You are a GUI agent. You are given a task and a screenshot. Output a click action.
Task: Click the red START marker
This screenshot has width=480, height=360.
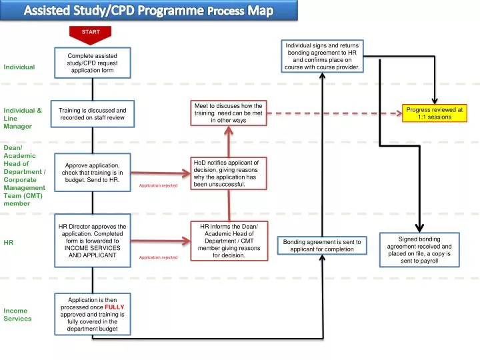[x=90, y=35]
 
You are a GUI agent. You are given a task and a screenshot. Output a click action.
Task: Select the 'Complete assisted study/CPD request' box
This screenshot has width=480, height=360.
[x=93, y=63]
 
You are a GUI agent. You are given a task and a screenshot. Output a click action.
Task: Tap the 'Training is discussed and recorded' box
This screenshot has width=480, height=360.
[x=93, y=114]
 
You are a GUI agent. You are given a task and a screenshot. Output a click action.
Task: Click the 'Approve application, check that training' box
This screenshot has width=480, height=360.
[x=93, y=173]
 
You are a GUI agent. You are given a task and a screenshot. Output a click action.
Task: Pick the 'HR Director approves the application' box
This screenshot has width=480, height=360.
[x=93, y=241]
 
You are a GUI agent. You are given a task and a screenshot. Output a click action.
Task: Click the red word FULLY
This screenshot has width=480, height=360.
[x=115, y=307]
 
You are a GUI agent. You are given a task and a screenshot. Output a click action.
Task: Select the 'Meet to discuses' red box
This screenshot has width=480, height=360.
[x=229, y=113]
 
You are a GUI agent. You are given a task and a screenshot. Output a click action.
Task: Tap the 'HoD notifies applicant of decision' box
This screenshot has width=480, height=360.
[x=229, y=173]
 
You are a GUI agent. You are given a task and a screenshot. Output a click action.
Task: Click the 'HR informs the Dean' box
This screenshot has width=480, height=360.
[x=229, y=241]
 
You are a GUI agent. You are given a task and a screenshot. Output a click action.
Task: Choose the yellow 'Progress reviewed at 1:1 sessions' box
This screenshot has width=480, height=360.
[x=435, y=113]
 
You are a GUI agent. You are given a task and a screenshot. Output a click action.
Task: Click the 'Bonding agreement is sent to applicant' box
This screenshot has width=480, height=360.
[x=322, y=245]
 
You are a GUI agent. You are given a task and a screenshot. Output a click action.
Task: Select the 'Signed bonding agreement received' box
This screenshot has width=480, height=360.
[x=419, y=250]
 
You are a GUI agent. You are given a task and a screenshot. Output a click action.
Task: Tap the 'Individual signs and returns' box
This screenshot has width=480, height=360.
[x=323, y=56]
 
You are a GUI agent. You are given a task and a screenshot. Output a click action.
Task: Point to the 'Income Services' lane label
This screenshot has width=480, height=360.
[x=17, y=315]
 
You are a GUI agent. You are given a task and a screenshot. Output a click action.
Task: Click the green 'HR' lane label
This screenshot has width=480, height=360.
[x=8, y=243]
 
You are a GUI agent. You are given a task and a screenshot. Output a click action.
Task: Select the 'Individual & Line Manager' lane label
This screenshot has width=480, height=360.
[x=23, y=118]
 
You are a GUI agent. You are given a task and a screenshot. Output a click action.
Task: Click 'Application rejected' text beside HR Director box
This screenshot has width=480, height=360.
[x=158, y=257]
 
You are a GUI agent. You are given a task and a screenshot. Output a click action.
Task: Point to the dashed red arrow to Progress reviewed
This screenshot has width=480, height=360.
[x=335, y=113]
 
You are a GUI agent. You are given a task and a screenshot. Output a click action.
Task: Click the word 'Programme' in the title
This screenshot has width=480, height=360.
[x=171, y=11]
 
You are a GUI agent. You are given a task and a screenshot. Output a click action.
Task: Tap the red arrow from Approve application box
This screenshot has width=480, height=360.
[x=161, y=173]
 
